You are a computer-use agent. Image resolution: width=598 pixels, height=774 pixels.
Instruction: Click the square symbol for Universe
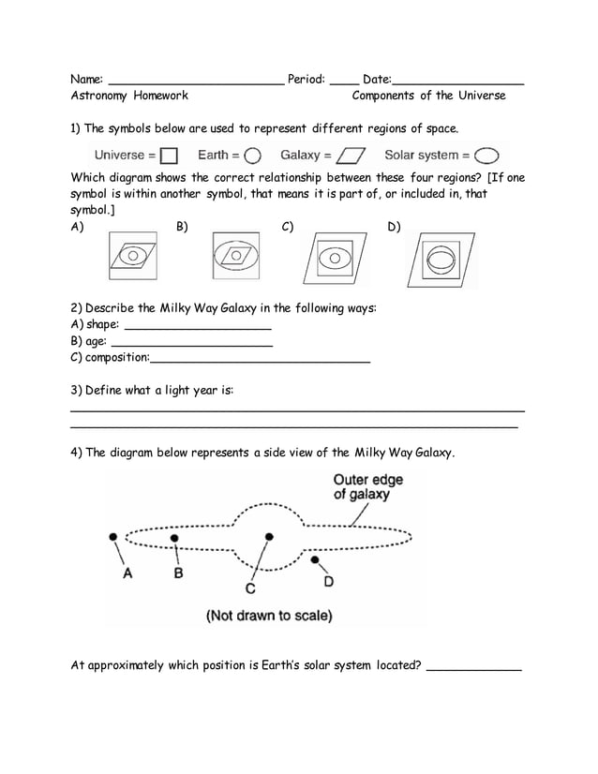pyautogui.click(x=169, y=156)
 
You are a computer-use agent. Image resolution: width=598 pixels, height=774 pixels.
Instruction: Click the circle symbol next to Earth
pyautogui.click(x=252, y=156)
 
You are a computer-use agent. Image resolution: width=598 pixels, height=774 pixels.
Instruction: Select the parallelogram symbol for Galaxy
pyautogui.click(x=351, y=156)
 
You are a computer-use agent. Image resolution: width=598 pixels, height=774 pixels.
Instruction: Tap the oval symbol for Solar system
pyautogui.click(x=487, y=156)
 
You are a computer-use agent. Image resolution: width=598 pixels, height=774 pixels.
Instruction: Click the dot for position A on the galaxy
pyautogui.click(x=113, y=537)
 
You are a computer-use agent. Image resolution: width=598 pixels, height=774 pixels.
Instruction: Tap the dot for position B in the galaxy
pyautogui.click(x=174, y=538)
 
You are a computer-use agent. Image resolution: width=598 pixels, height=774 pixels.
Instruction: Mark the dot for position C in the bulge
pyautogui.click(x=269, y=537)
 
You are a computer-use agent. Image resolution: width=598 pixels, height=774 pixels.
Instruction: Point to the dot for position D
pyautogui.click(x=316, y=560)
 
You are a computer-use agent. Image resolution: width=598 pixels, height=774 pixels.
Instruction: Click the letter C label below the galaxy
pyautogui.click(x=250, y=588)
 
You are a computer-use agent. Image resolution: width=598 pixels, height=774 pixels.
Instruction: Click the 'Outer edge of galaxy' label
pyautogui.click(x=368, y=487)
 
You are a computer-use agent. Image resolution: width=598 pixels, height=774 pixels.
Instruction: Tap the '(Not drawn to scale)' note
pyautogui.click(x=269, y=616)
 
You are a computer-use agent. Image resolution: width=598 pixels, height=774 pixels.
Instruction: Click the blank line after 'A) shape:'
pyautogui.click(x=198, y=328)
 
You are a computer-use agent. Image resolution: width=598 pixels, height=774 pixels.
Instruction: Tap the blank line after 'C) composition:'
pyautogui.click(x=260, y=361)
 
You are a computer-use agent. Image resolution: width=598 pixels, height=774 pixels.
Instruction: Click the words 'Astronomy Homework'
pyautogui.click(x=129, y=96)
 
